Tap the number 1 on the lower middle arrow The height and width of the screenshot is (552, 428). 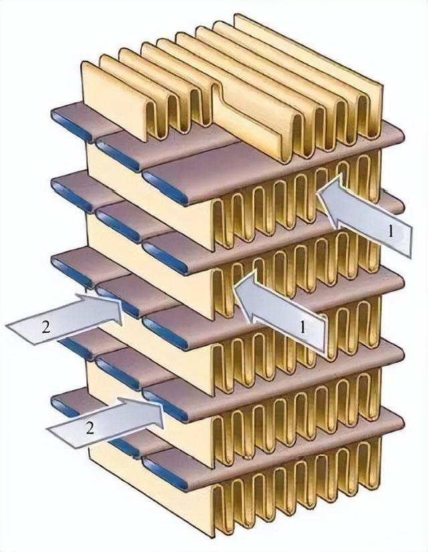click(x=304, y=327)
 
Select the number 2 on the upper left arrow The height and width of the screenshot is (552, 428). click(x=45, y=327)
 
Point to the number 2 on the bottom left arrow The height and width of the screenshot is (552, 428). click(x=89, y=428)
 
